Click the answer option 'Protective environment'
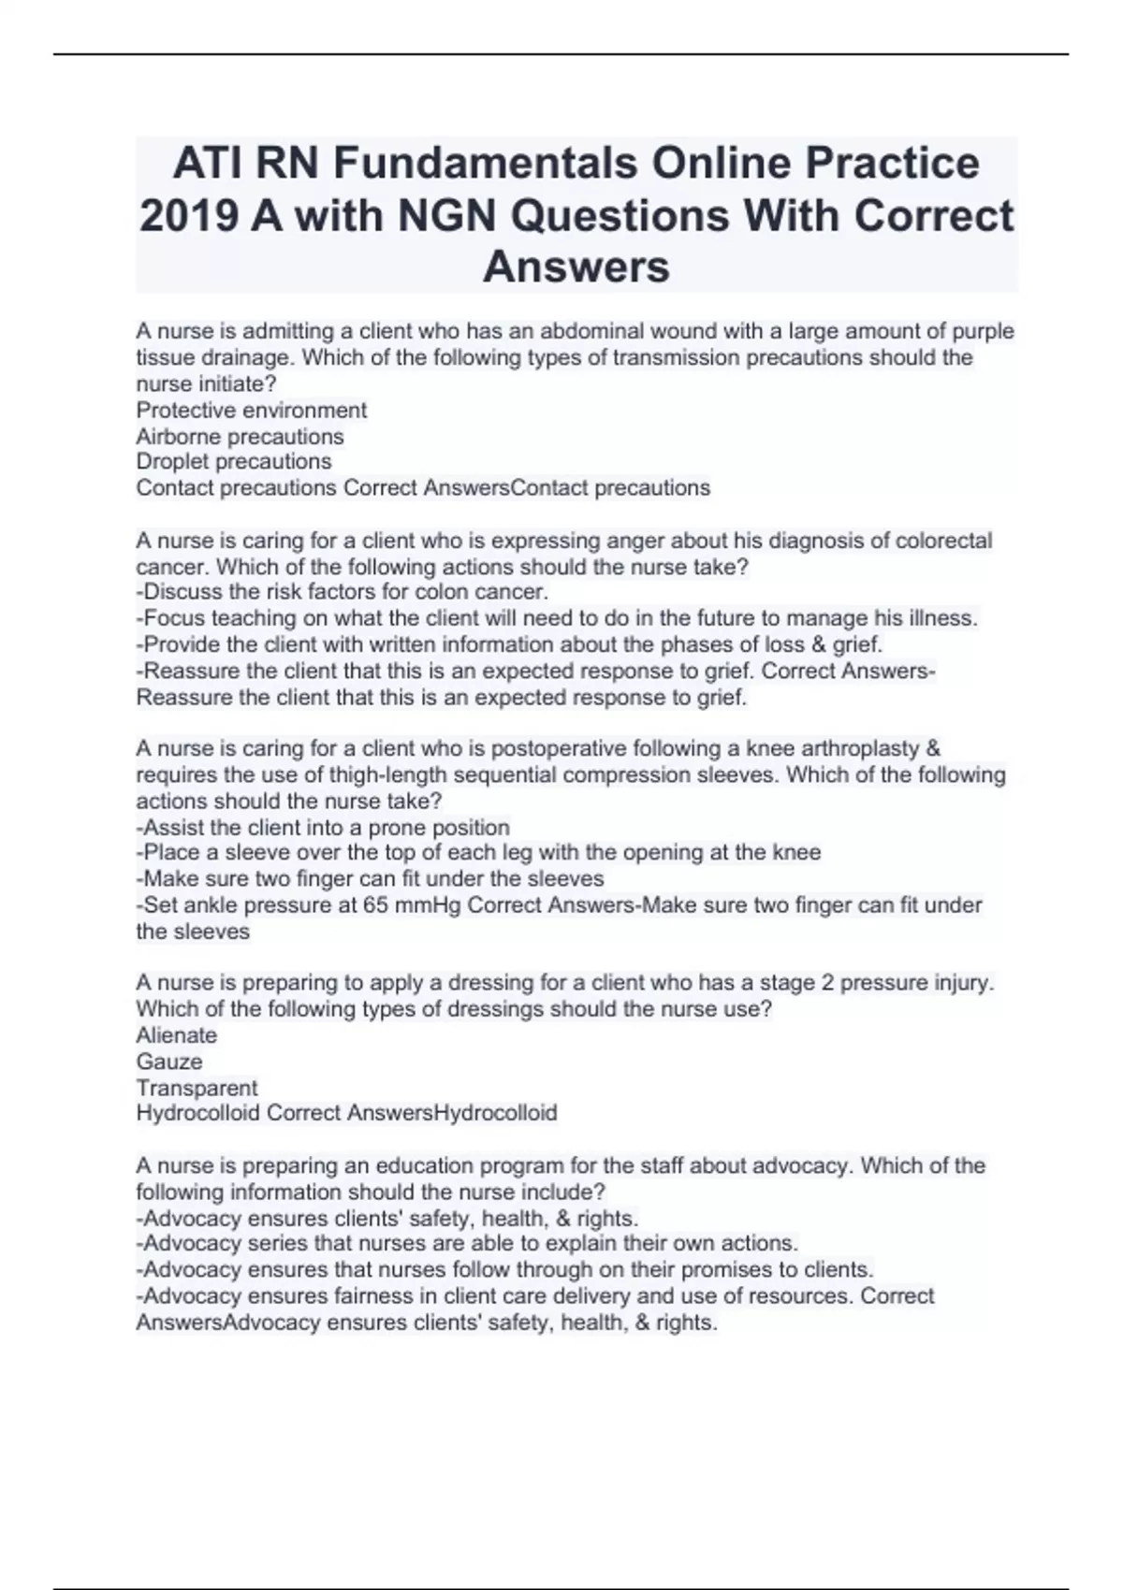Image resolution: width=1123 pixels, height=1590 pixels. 251,410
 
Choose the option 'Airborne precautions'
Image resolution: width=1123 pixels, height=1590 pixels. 240,436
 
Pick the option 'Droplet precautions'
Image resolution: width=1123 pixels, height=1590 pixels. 233,461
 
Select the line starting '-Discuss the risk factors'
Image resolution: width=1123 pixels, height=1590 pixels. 342,592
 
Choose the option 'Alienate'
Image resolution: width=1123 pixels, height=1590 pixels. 176,1035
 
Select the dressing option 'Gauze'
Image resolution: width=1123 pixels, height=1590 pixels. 168,1062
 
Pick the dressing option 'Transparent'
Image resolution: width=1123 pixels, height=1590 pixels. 197,1088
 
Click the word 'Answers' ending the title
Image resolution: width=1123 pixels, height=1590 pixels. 576,267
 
